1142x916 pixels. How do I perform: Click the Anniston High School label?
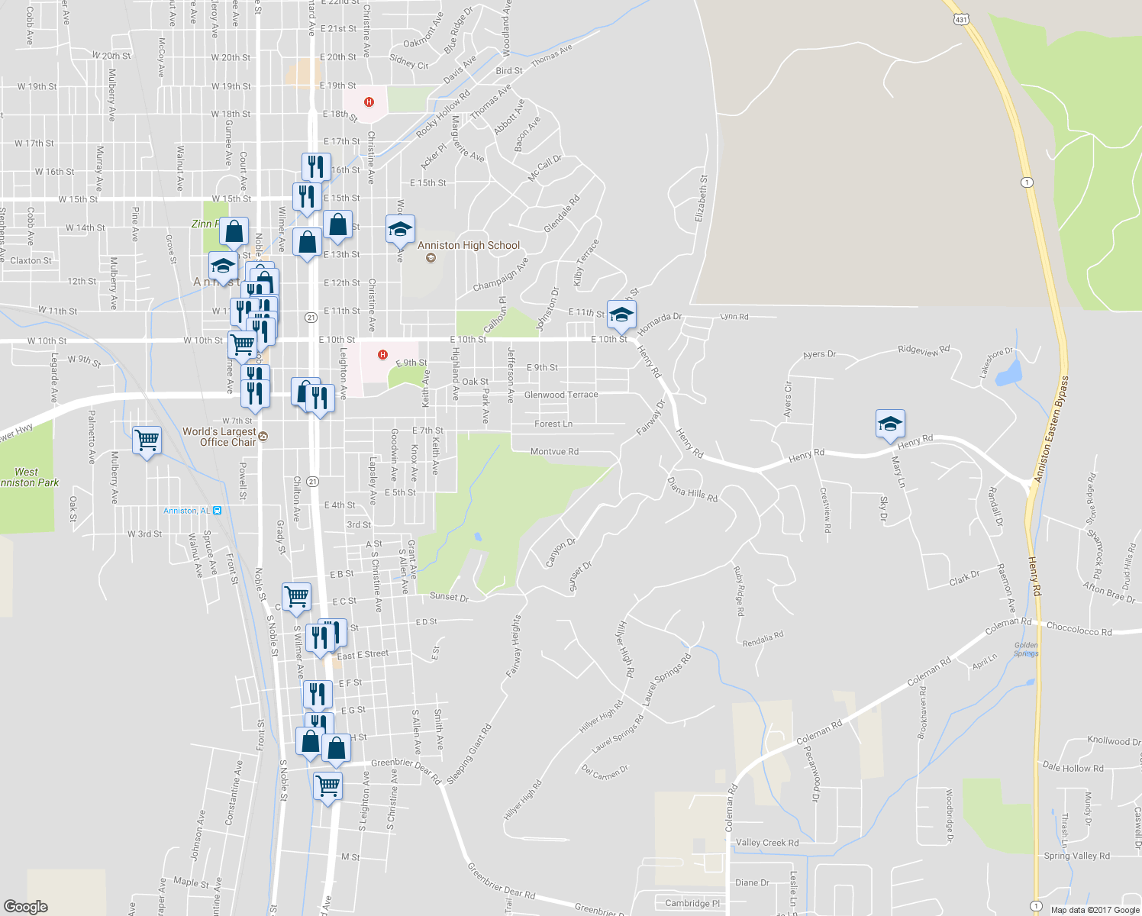[x=468, y=245]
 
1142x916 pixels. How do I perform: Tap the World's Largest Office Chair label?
[x=219, y=437]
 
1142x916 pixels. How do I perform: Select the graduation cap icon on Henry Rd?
[x=890, y=424]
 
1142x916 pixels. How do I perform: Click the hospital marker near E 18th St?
[x=369, y=102]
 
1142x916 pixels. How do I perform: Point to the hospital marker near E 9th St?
[x=383, y=355]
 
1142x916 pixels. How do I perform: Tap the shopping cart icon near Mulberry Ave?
[x=147, y=440]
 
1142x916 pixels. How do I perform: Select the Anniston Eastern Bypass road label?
[x=1051, y=430]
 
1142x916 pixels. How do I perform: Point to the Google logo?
[x=26, y=906]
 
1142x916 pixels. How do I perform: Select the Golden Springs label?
[x=1026, y=650]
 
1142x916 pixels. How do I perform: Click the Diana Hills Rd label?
[x=692, y=490]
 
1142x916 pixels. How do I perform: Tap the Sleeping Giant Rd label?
[x=469, y=754]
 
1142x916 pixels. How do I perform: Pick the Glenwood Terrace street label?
[x=561, y=395]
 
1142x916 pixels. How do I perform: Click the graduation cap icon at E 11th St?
[x=621, y=314]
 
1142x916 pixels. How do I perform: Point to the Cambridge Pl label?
[x=692, y=903]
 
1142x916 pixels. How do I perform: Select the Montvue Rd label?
[x=554, y=452]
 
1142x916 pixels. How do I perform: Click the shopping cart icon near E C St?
[x=296, y=596]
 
